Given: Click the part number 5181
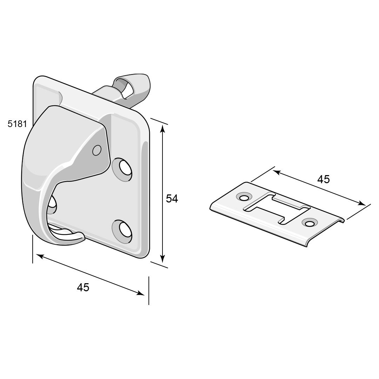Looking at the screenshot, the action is (17, 124).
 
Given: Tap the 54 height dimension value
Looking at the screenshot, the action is (172, 198).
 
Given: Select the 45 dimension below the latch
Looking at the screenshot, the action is (83, 287).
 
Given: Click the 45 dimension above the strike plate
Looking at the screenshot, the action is (324, 179).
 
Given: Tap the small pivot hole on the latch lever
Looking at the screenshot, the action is (97, 150).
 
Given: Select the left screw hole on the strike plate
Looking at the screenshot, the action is (244, 198).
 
